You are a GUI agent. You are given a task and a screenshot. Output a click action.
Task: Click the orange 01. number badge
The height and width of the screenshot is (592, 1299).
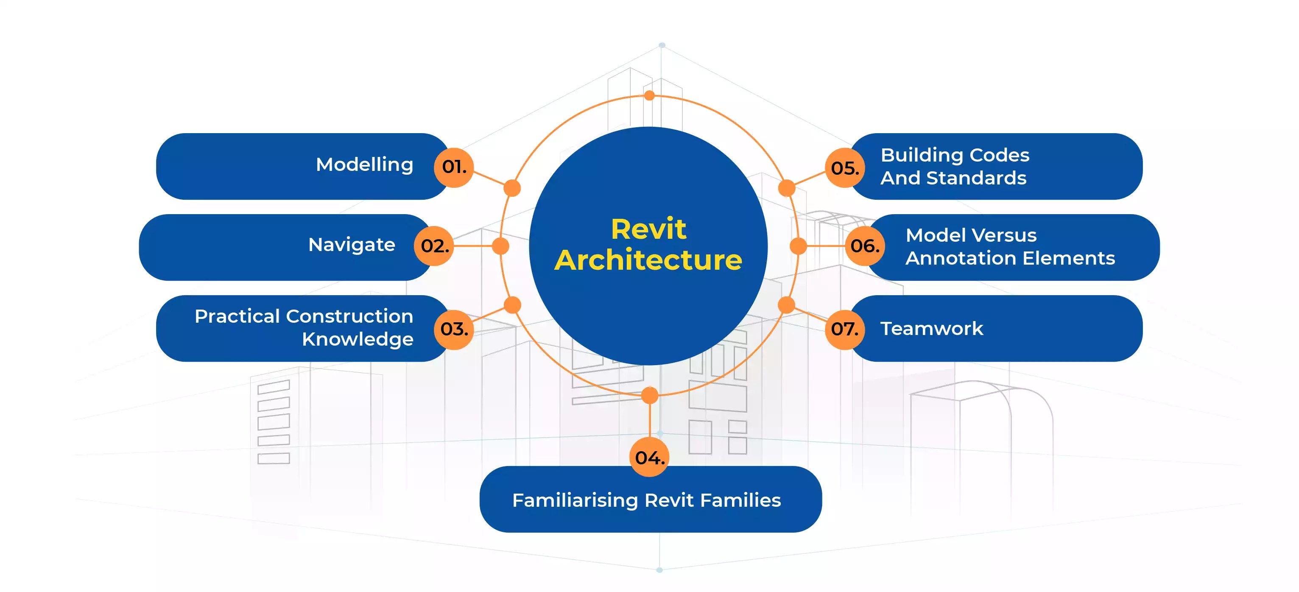tap(453, 168)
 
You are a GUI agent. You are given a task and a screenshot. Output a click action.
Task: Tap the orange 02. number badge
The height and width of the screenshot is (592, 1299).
tap(434, 246)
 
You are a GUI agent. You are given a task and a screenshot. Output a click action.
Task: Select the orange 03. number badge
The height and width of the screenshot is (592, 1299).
tap(453, 329)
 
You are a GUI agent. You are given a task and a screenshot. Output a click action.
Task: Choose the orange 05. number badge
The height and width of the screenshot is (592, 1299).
tap(845, 168)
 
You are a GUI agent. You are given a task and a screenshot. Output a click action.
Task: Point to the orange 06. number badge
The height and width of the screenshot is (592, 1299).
tap(864, 246)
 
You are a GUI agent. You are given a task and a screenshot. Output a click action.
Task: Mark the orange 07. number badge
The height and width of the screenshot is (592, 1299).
tap(845, 329)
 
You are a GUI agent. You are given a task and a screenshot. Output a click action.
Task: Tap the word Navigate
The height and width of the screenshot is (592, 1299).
tap(352, 245)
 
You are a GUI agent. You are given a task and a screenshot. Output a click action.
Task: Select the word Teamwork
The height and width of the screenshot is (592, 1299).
tap(931, 329)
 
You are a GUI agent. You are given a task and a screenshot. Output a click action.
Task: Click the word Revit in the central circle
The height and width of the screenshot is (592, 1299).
tap(648, 229)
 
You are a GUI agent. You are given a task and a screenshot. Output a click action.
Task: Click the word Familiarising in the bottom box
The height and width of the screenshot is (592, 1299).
tap(575, 500)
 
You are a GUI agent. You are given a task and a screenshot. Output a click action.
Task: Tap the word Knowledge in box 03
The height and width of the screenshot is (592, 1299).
tap(358, 339)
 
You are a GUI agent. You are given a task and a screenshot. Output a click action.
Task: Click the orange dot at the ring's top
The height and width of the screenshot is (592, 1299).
tap(650, 95)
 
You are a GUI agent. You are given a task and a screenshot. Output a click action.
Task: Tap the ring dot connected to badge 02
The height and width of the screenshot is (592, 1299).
tap(500, 246)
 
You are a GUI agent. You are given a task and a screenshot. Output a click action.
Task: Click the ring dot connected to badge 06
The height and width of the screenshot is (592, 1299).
tap(798, 246)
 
